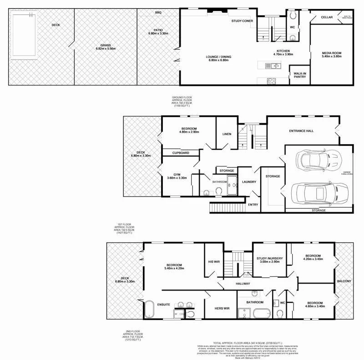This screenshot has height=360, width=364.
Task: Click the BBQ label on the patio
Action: pyautogui.click(x=158, y=12)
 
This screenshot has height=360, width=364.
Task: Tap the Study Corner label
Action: pyautogui.click(x=242, y=21)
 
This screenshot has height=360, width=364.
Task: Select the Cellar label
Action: pyautogui.click(x=327, y=17)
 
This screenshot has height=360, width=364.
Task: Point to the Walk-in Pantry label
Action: pyautogui.click(x=300, y=75)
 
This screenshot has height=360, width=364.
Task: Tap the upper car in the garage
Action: pyautogui.click(x=318, y=159)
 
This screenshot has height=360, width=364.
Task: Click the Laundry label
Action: pyautogui.click(x=249, y=182)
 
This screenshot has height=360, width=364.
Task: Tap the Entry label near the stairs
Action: pyautogui.click(x=253, y=205)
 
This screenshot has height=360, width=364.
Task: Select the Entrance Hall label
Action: pyautogui.click(x=301, y=131)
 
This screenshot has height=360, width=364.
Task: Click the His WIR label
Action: pyautogui.click(x=214, y=262)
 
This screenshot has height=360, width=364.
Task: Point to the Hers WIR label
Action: pyautogui.click(x=221, y=309)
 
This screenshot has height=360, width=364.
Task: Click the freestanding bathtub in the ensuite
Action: pyautogui.click(x=148, y=309)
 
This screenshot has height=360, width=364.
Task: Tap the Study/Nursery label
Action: pyautogui.click(x=270, y=259)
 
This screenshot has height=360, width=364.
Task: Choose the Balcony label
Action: pyautogui.click(x=344, y=281)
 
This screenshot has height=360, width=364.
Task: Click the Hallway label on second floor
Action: pyautogui.click(x=243, y=284)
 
